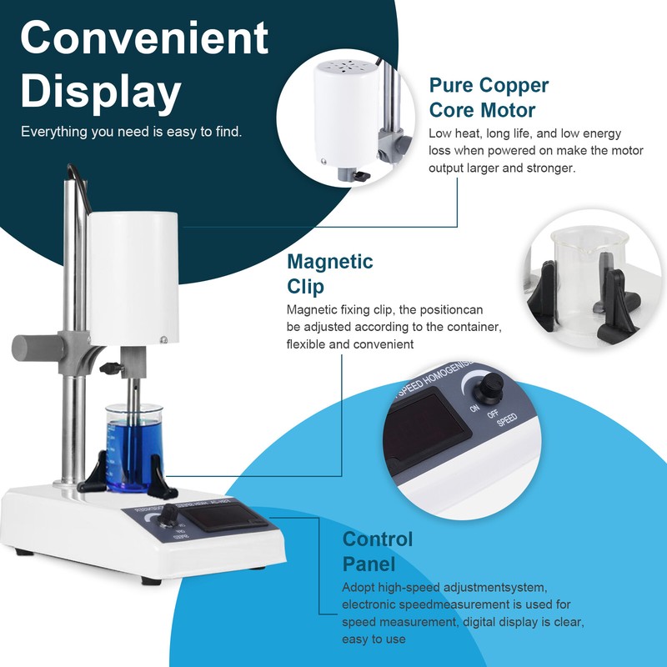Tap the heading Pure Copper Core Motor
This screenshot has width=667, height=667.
(489, 97)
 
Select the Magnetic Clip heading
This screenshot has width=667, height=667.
(329, 273)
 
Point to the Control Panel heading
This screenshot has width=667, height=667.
(377, 550)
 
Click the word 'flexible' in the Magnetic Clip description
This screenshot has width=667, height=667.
(308, 344)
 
